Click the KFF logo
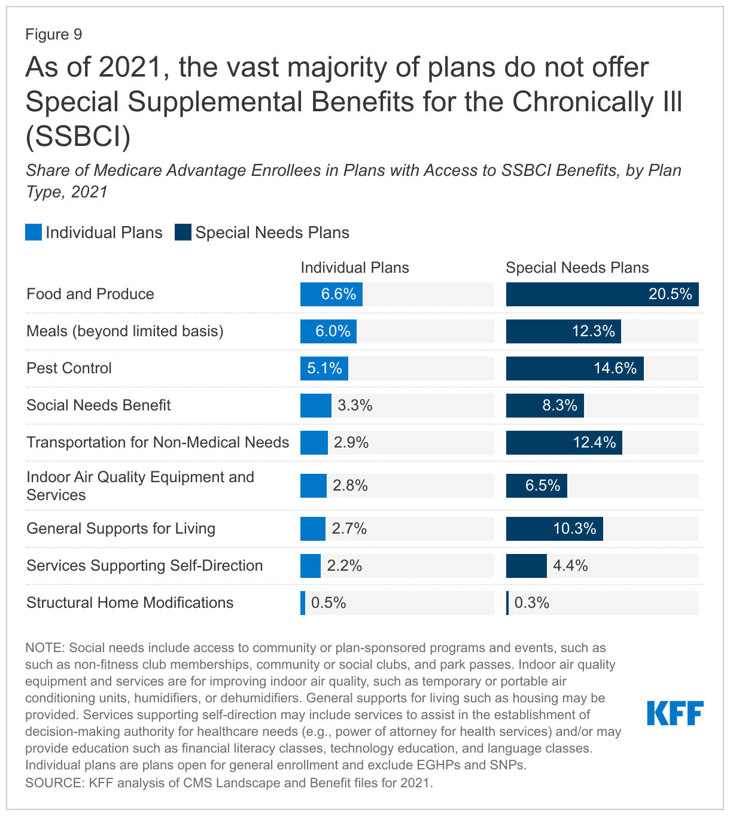[x=675, y=713]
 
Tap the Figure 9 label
[x=54, y=35]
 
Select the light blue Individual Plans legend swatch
[x=34, y=232]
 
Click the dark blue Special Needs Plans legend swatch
[x=183, y=232]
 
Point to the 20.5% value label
[x=670, y=294]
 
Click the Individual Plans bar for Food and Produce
[x=331, y=294]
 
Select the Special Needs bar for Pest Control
[x=574, y=369]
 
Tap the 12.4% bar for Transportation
[x=564, y=443]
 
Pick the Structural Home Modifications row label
[x=130, y=602]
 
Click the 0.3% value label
[x=532, y=602]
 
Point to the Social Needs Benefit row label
[x=99, y=406]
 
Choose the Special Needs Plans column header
[x=577, y=267]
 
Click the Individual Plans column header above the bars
[x=355, y=267]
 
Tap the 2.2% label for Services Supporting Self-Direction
[x=345, y=566]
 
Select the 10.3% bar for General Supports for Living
[x=554, y=529]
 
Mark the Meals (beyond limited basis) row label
[x=125, y=331]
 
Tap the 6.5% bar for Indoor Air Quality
[x=536, y=486]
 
